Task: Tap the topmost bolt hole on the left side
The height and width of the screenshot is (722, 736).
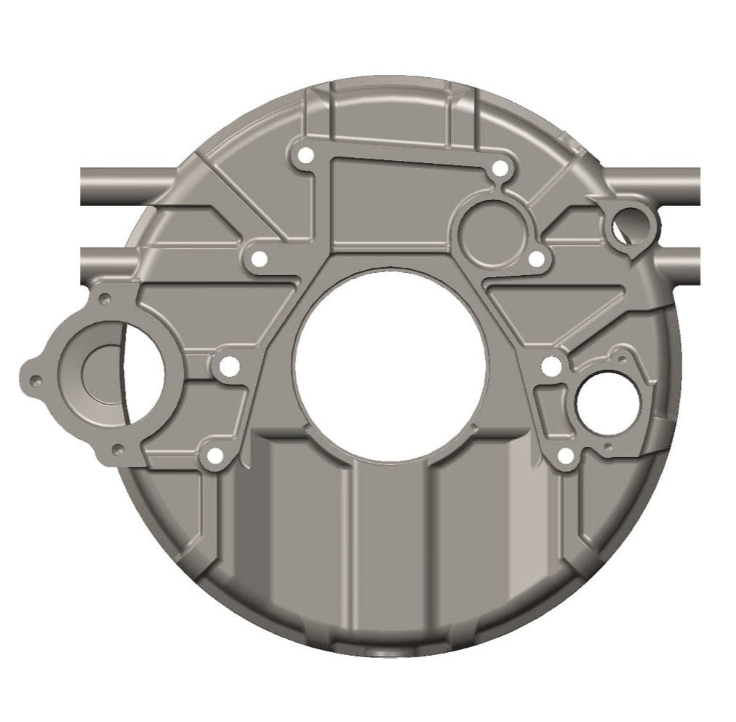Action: (305, 155)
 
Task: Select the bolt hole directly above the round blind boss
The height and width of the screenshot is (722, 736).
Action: (499, 169)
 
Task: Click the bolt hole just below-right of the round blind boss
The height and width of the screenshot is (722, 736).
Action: (536, 258)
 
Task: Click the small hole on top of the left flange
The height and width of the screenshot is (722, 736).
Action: (105, 298)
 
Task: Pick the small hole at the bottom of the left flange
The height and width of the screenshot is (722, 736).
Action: (118, 450)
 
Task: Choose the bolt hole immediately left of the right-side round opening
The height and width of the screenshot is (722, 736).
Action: (552, 366)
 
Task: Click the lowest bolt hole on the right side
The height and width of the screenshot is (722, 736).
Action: (566, 456)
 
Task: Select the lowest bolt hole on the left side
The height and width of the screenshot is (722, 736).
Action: (215, 456)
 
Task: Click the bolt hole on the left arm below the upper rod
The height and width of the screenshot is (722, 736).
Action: (258, 258)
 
